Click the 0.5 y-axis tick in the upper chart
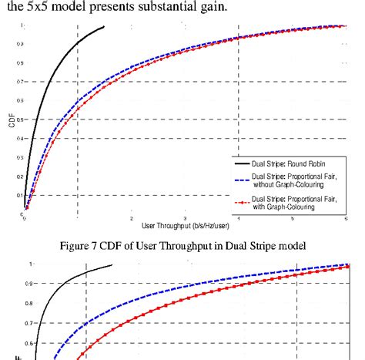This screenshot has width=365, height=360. point(18,119)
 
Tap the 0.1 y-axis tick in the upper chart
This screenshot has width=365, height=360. point(18,195)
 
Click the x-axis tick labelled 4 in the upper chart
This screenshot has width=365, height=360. point(239,219)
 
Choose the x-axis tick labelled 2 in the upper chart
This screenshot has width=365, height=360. point(131,219)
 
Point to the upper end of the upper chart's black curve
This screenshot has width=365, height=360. point(104,27)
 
